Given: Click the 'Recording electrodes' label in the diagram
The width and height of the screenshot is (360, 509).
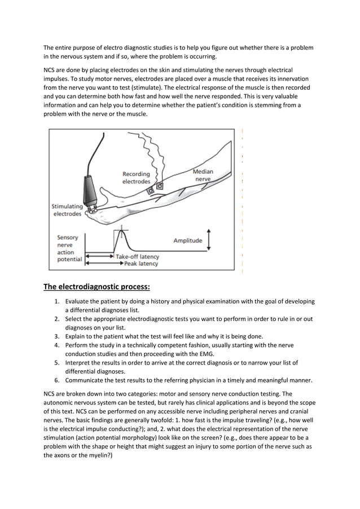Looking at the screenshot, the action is coord(136,178).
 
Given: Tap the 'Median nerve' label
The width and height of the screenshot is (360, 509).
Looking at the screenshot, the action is coord(203,175).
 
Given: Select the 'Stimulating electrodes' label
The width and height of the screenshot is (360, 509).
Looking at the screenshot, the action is coord(67,210).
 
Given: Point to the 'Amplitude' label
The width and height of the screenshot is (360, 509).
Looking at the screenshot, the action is coord(188,240).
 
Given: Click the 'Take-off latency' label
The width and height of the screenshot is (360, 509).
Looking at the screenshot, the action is coord(137,257).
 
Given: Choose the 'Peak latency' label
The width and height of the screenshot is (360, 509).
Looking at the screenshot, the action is coord(141,264).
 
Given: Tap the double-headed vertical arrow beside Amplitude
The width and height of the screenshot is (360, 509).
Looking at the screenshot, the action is coord(209,240).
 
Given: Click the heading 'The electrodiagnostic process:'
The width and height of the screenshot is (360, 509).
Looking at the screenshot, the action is coord(96,287).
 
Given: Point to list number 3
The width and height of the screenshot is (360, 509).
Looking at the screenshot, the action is coord(57,337).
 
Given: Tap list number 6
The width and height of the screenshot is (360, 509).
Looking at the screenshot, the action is coord(57,380).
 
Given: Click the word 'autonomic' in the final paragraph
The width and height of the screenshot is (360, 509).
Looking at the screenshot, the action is coord(58,403).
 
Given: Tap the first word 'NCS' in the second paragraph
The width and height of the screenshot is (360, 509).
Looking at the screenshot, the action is coord(49,70).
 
